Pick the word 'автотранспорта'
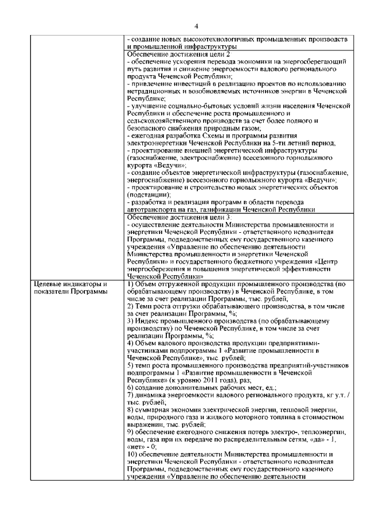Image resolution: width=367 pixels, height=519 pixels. point(152,210)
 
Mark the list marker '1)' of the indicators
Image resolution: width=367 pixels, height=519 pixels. point(130,284)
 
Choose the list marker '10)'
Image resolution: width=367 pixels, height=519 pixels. point(132,455)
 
